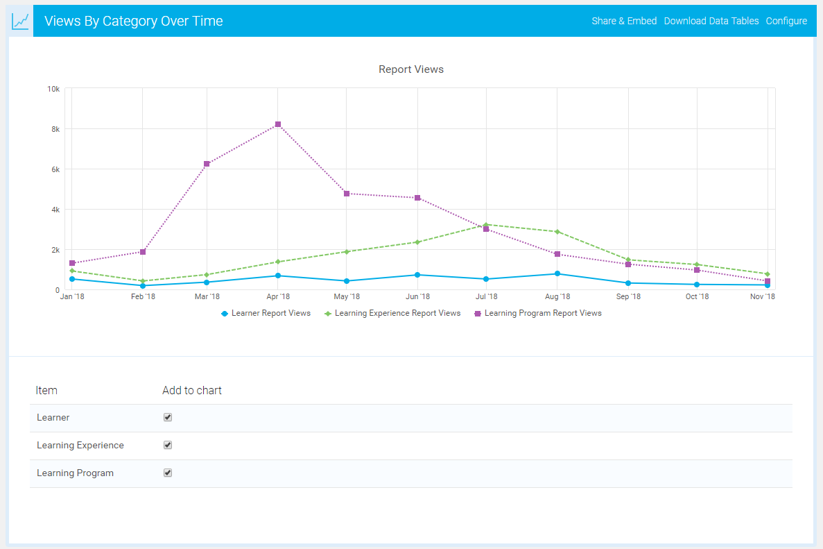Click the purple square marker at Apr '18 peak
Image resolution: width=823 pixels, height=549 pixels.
click(277, 124)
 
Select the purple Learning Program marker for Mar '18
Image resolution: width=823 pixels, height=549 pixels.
click(207, 164)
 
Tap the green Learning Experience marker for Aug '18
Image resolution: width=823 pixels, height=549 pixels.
click(557, 231)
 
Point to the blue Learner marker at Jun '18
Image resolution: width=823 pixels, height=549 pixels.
click(417, 275)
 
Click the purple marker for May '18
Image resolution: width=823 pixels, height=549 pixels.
click(347, 194)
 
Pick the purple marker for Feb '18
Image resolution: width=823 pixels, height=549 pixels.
click(143, 252)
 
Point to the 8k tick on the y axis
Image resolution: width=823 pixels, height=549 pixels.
click(54, 129)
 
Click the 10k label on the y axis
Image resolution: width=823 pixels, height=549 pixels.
click(53, 89)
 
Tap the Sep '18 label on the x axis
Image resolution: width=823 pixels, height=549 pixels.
click(627, 297)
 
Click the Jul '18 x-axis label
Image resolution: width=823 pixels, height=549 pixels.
click(486, 297)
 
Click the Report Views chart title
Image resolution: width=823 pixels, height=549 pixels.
click(410, 69)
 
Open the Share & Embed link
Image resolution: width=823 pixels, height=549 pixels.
click(624, 21)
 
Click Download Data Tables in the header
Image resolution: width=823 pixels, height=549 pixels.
click(711, 21)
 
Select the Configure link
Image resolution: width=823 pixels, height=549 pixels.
click(786, 21)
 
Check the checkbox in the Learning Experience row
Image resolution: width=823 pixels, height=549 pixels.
click(167, 445)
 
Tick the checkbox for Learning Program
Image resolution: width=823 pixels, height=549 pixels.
click(167, 473)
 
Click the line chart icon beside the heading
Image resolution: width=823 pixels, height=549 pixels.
click(20, 21)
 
